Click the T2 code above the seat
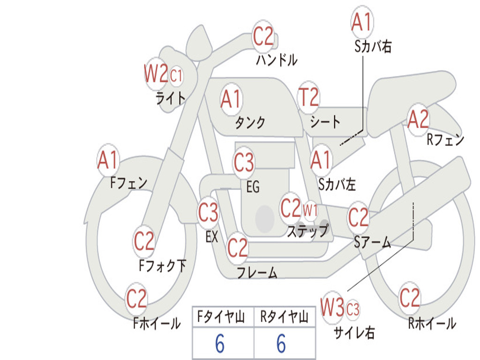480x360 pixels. tap(309, 97)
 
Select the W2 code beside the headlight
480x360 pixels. tap(156, 73)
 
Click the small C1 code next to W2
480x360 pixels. tap(176, 75)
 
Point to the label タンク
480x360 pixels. tap(250, 122)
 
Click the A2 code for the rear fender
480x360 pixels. tap(418, 119)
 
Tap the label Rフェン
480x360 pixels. tap(445, 140)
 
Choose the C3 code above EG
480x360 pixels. tap(244, 162)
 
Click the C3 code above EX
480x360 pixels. tap(208, 212)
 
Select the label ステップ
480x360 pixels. tap(308, 231)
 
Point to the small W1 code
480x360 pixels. tap(310, 210)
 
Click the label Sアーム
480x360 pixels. tap(373, 242)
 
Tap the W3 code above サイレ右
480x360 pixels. tap(332, 307)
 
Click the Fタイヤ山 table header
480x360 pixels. tap(221, 317)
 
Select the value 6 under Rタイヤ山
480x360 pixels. tap(281, 344)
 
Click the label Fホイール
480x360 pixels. tap(157, 323)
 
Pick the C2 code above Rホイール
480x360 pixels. tap(410, 298)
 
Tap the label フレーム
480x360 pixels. tap(257, 272)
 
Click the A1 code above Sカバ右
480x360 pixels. tap(362, 22)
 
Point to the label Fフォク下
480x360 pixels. tap(163, 265)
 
